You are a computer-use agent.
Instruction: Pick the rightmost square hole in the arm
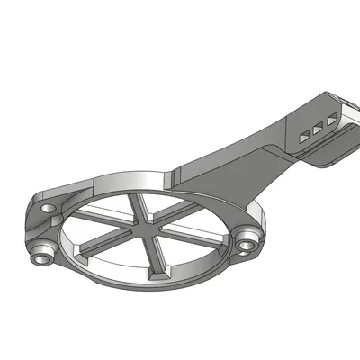tap(332, 119)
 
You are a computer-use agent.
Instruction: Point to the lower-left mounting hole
tap(40, 255)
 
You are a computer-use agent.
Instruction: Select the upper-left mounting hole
tap(46, 207)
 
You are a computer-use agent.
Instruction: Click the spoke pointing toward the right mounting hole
tap(193, 236)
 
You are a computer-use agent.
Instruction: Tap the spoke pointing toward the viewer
tap(158, 256)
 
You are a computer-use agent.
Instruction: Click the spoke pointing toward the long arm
tap(177, 210)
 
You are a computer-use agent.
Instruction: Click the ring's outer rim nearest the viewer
tap(153, 286)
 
